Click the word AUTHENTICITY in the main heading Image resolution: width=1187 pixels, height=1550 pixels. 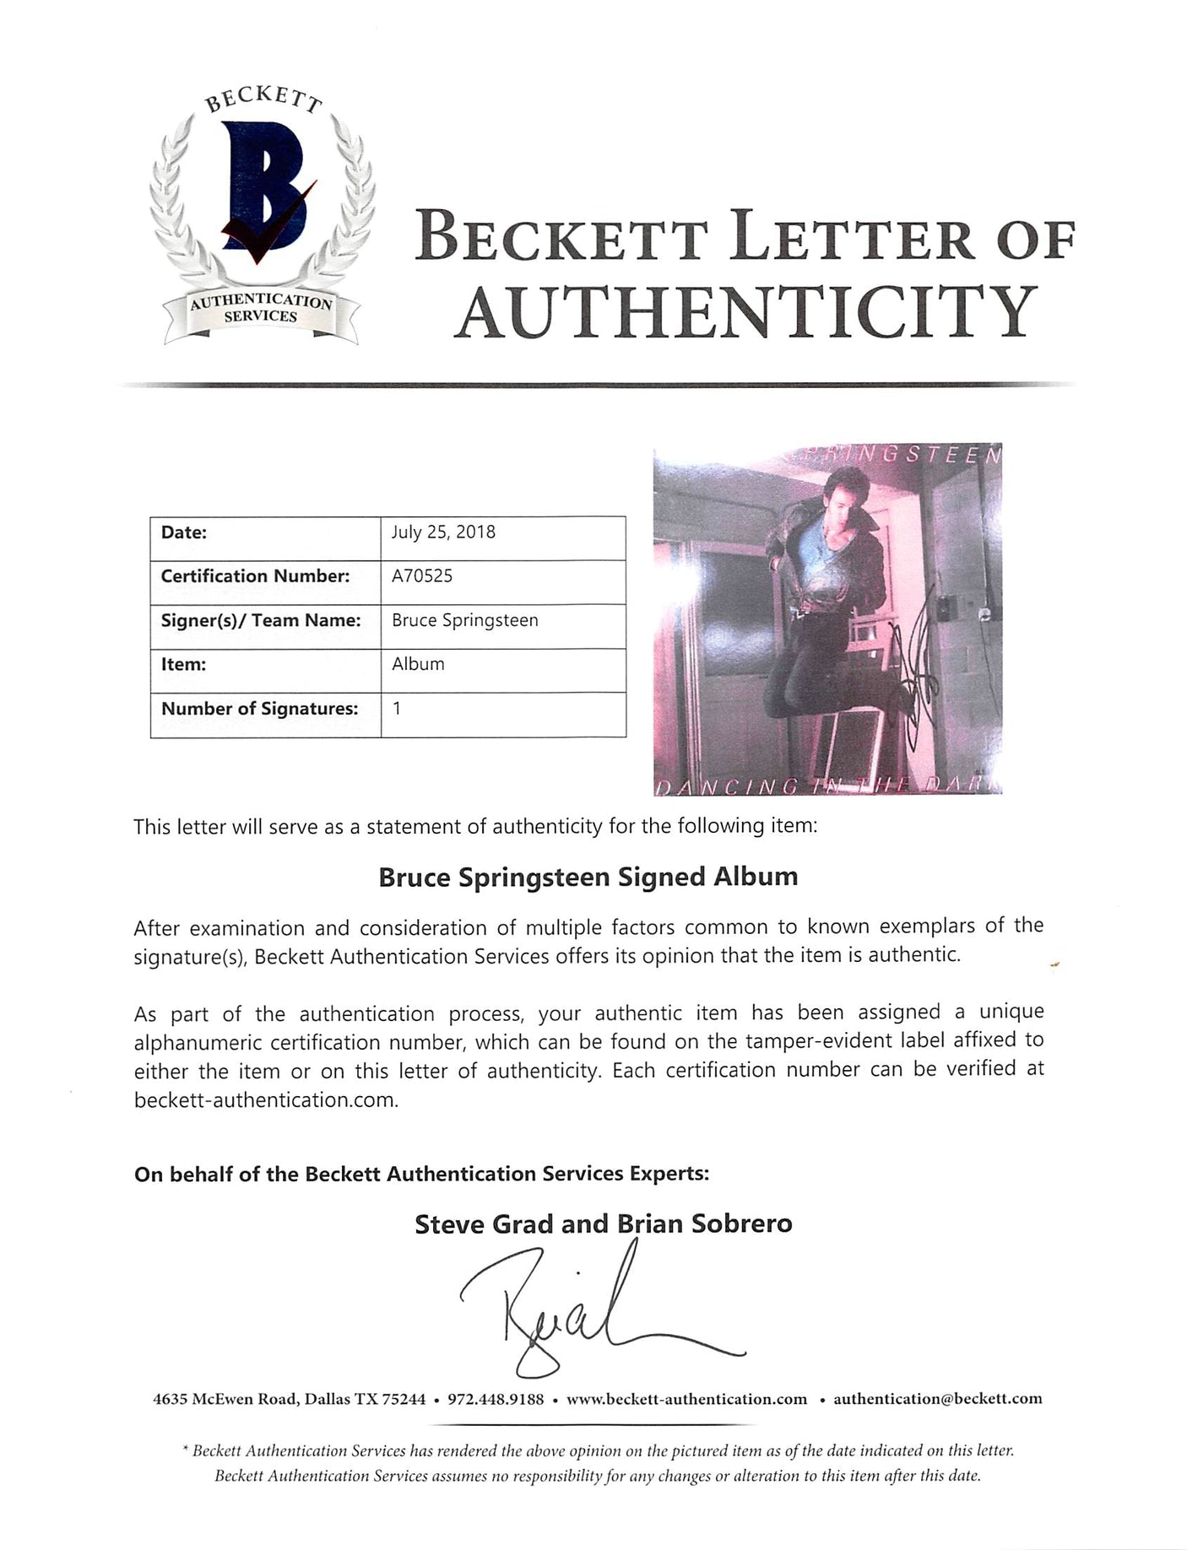click(x=745, y=310)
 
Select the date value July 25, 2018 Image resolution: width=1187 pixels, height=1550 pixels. click(x=443, y=532)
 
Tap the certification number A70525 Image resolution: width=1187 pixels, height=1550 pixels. click(x=422, y=576)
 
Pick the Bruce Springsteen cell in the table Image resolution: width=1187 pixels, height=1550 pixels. click(x=464, y=620)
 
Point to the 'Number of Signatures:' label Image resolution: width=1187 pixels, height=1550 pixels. click(x=259, y=709)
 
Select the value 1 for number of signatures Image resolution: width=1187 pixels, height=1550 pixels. click(x=397, y=709)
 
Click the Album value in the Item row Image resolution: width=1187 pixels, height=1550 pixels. click(x=418, y=664)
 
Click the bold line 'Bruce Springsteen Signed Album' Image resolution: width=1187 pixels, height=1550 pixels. click(x=588, y=878)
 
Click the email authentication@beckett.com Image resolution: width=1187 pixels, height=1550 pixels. click(x=937, y=1399)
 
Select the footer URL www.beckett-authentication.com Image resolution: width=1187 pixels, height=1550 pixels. click(x=686, y=1399)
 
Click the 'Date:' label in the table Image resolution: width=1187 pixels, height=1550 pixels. click(x=183, y=532)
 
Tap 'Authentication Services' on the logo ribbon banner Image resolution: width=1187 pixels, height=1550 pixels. click(x=261, y=309)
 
